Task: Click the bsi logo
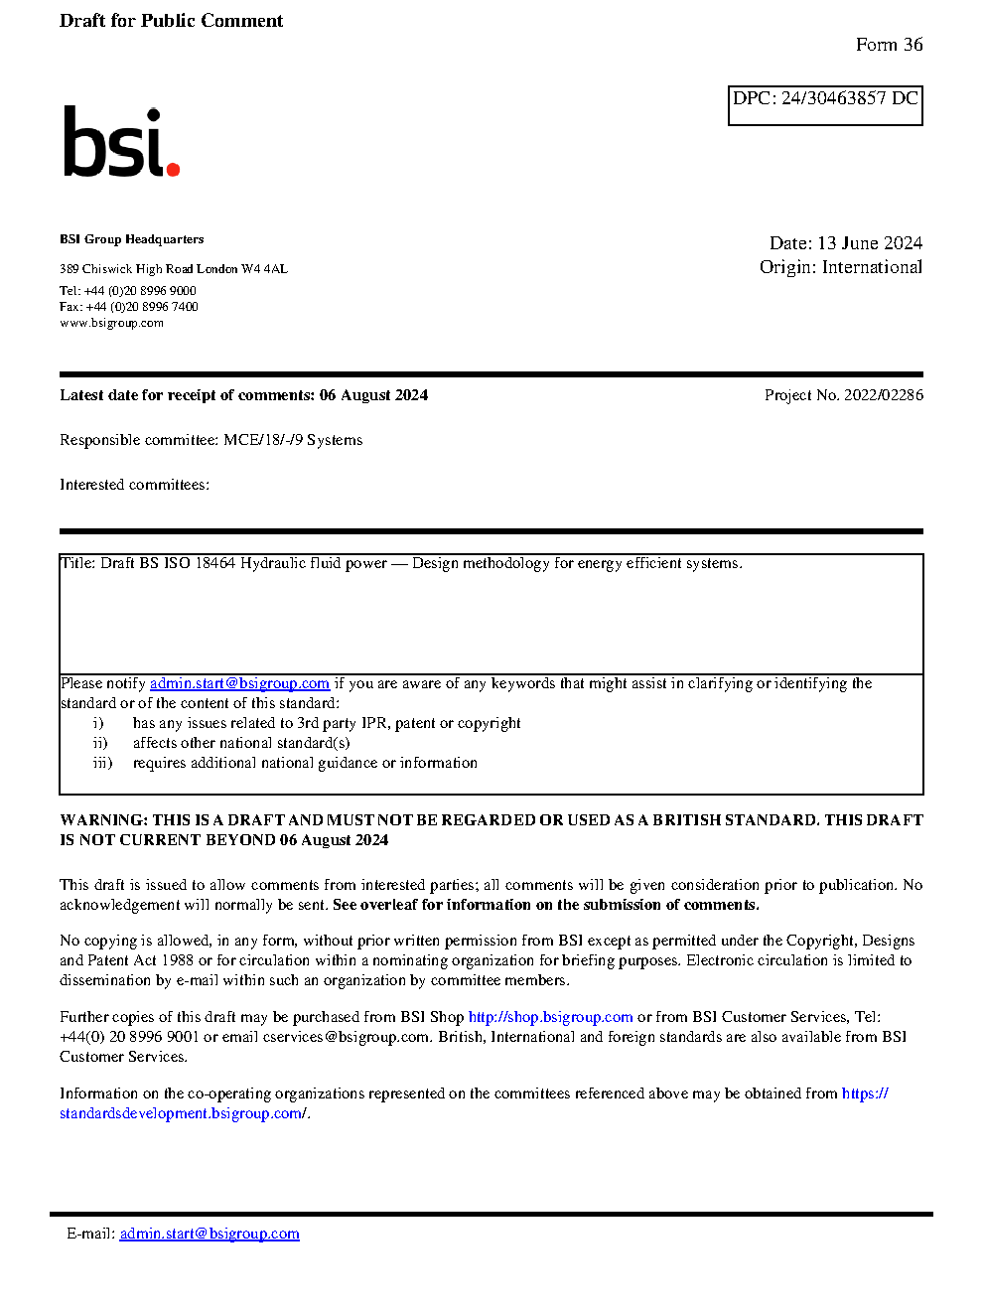coord(120,142)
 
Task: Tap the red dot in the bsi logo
coord(173,170)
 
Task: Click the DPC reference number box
coord(825,105)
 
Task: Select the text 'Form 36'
coord(889,45)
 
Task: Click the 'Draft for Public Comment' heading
coord(171,21)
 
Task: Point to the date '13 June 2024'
coord(869,243)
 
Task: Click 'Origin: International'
coord(840,267)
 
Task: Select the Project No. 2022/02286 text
coord(843,395)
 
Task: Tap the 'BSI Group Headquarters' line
coord(131,239)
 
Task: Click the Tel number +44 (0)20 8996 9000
coord(139,291)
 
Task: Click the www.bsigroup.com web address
coord(111,323)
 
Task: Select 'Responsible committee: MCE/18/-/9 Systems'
coord(211,440)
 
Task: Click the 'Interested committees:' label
coord(134,485)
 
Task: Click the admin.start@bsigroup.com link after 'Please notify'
coord(239,683)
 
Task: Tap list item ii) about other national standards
coord(240,743)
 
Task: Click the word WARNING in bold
coord(103,820)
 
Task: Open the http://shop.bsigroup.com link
coord(550,1017)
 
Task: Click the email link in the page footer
coord(210,1234)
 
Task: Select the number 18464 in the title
coord(214,563)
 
